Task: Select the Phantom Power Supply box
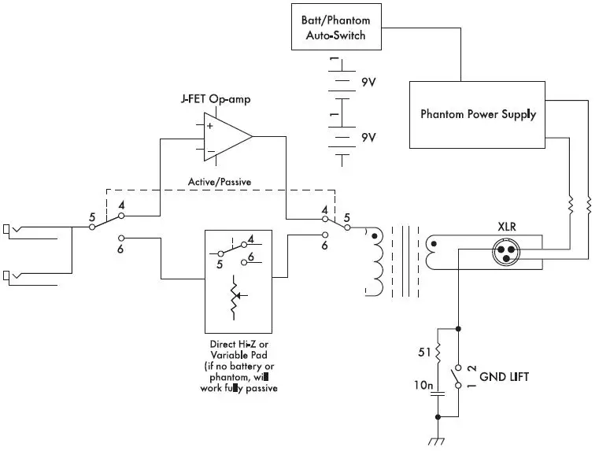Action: click(478, 114)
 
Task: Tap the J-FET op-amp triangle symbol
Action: click(225, 137)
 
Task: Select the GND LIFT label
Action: click(503, 378)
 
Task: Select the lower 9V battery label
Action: click(368, 137)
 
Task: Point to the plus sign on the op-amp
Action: click(209, 125)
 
